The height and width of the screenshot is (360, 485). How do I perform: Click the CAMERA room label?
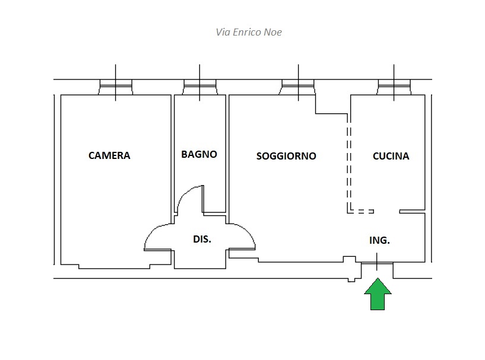pyautogui.click(x=109, y=156)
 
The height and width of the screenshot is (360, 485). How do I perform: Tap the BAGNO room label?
pyautogui.click(x=199, y=154)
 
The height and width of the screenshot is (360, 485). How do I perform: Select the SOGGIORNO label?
pyautogui.click(x=286, y=157)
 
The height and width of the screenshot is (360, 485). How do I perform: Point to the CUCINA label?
pyautogui.click(x=391, y=157)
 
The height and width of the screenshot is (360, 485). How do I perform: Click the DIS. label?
pyautogui.click(x=202, y=240)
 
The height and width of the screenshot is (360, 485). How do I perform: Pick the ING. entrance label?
pyautogui.click(x=379, y=240)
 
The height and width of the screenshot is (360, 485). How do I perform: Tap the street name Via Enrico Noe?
pyautogui.click(x=249, y=32)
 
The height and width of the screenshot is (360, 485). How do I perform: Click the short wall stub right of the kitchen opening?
pyautogui.click(x=413, y=211)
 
